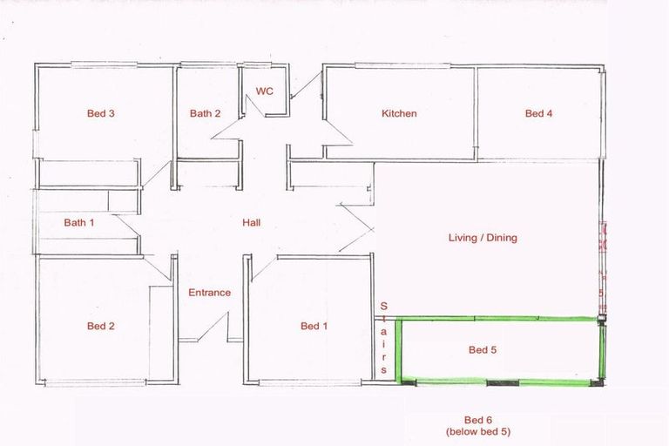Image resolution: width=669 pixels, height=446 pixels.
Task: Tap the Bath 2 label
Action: [x=206, y=113]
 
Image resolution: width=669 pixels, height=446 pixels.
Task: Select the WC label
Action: [x=264, y=91]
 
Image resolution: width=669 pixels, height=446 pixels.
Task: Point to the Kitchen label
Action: [x=399, y=113]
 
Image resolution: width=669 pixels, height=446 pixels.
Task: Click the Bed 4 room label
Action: [x=538, y=113]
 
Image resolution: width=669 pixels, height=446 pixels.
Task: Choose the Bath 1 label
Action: [x=79, y=223]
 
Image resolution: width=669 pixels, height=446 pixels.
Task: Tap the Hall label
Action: [x=252, y=223]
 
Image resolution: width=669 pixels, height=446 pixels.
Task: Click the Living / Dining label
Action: [x=483, y=237]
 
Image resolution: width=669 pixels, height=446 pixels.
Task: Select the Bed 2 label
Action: [x=101, y=327]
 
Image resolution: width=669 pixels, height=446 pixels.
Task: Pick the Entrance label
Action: [x=210, y=293]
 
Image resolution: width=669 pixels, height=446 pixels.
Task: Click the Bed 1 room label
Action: [x=314, y=327]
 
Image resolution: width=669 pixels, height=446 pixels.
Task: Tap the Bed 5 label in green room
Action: [x=483, y=350]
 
